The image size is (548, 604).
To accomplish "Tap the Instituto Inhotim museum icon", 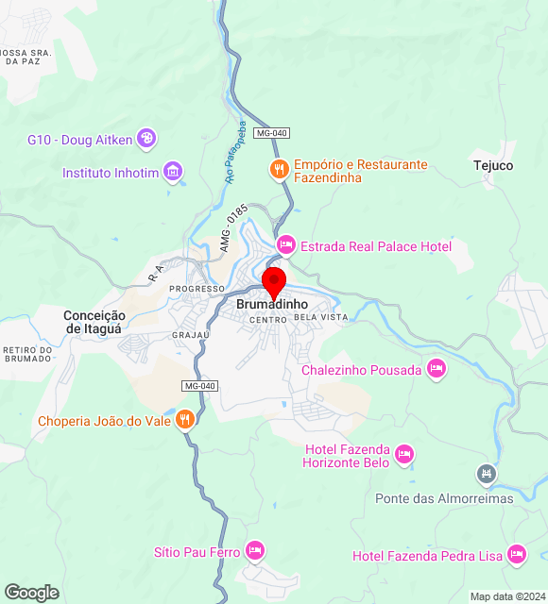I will coord(173,172).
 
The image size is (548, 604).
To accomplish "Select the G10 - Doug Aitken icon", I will coord(147,140).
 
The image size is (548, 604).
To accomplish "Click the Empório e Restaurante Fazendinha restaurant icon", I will coord(279,170).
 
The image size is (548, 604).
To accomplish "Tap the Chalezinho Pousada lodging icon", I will coord(436,369).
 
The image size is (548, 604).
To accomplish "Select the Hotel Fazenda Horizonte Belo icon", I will coord(403,455).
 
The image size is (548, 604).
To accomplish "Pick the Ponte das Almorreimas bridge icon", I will coord(487,474).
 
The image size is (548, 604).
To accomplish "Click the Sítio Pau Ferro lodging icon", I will coord(254,550).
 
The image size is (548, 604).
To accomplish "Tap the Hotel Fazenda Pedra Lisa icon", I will coord(517,555).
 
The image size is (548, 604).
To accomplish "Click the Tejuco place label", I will coord(493,165).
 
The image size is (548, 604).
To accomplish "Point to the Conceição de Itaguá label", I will coord(94,322).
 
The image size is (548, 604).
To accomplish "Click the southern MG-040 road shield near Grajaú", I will coord(199,386).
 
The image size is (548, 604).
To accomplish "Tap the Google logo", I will coord(31,593).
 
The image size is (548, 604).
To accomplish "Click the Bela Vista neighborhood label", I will coord(321,317).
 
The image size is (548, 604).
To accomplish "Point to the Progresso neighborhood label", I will coord(197,288).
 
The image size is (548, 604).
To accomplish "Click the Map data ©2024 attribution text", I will coord(506,596).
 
